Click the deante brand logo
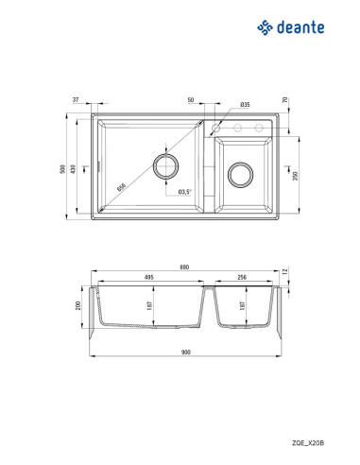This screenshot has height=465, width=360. pos(290,27)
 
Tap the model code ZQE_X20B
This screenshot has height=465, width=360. pos(308,443)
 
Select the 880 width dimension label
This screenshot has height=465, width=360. pos(184,267)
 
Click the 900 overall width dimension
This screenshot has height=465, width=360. pos(186,353)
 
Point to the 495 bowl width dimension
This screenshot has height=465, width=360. pos(148,277)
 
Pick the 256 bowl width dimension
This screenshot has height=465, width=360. pos(242,277)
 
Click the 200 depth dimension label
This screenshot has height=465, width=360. pos(78,305)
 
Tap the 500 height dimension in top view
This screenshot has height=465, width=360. pos(63,169)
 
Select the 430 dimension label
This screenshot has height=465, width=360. pos(74,169)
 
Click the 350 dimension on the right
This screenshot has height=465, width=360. pos(296,176)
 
